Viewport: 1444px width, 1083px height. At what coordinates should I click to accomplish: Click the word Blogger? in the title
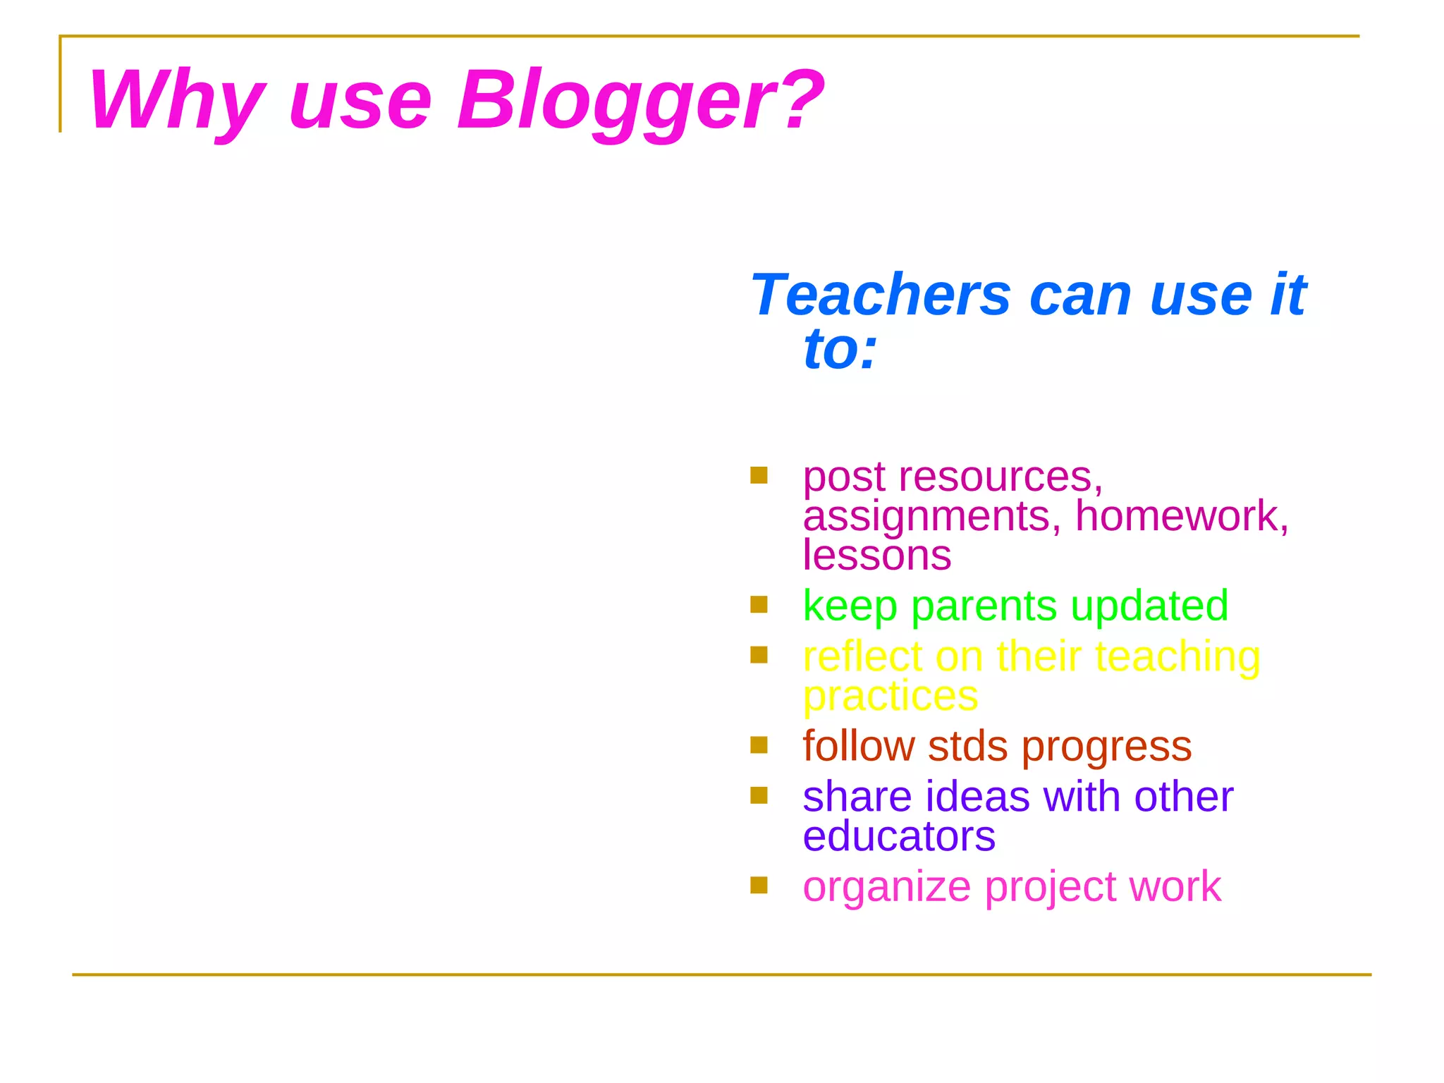[640, 100]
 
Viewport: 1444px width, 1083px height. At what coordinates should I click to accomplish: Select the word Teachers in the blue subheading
[881, 294]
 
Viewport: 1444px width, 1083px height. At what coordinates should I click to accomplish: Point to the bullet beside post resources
[759, 475]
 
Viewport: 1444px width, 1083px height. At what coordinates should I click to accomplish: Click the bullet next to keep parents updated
[759, 604]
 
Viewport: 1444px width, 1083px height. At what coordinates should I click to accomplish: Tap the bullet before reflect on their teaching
[759, 655]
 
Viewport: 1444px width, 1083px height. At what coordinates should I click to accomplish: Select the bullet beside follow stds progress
[759, 745]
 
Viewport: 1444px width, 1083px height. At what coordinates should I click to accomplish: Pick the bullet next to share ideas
[759, 795]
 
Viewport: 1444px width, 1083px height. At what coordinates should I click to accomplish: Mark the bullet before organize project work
[759, 885]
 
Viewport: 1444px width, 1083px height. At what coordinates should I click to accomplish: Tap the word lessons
[877, 555]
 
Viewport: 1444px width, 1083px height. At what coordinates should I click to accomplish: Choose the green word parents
[984, 606]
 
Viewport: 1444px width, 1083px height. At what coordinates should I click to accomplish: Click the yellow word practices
[891, 696]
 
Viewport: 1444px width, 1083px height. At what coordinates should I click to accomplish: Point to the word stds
[968, 746]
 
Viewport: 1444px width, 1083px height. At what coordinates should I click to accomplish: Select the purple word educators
[899, 836]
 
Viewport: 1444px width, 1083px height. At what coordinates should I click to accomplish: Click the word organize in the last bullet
[887, 887]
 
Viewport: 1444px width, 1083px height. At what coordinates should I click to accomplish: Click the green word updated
[1149, 606]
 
